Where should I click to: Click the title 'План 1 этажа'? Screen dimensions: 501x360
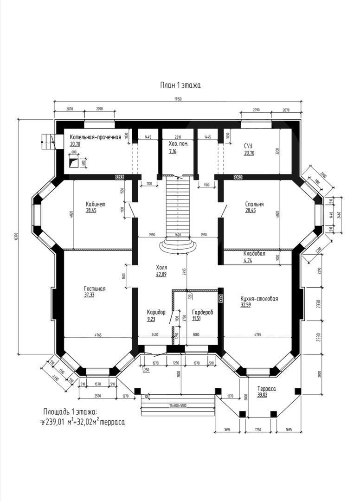[180, 85]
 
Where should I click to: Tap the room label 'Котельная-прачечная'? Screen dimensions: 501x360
[95, 137]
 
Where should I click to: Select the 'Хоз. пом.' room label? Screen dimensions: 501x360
[179, 144]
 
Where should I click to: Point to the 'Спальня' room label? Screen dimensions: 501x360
[254, 204]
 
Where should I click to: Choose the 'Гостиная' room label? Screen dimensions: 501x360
[95, 289]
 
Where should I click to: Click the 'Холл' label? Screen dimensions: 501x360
[161, 268]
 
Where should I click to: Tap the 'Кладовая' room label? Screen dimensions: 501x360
[254, 254]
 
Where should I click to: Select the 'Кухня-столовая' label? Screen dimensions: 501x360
[259, 299]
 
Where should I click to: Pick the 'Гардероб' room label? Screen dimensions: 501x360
[202, 313]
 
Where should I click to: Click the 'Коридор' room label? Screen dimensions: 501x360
[156, 313]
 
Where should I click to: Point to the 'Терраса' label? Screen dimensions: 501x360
[267, 389]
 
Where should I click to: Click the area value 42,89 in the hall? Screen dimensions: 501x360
[161, 275]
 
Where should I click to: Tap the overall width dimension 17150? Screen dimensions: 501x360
[178, 99]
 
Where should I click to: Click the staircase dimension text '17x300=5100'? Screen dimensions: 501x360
[178, 405]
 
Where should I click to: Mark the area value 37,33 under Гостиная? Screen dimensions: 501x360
[90, 295]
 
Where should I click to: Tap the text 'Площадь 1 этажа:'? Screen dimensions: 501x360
[71, 412]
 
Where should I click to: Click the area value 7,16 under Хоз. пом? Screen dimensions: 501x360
[173, 151]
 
